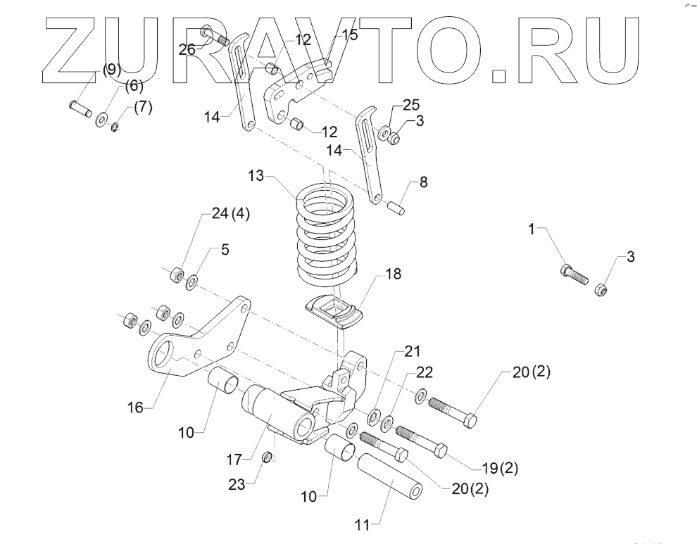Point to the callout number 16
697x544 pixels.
135,406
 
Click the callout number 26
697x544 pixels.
187,49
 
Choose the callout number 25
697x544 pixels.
410,105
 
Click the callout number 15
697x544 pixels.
348,34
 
